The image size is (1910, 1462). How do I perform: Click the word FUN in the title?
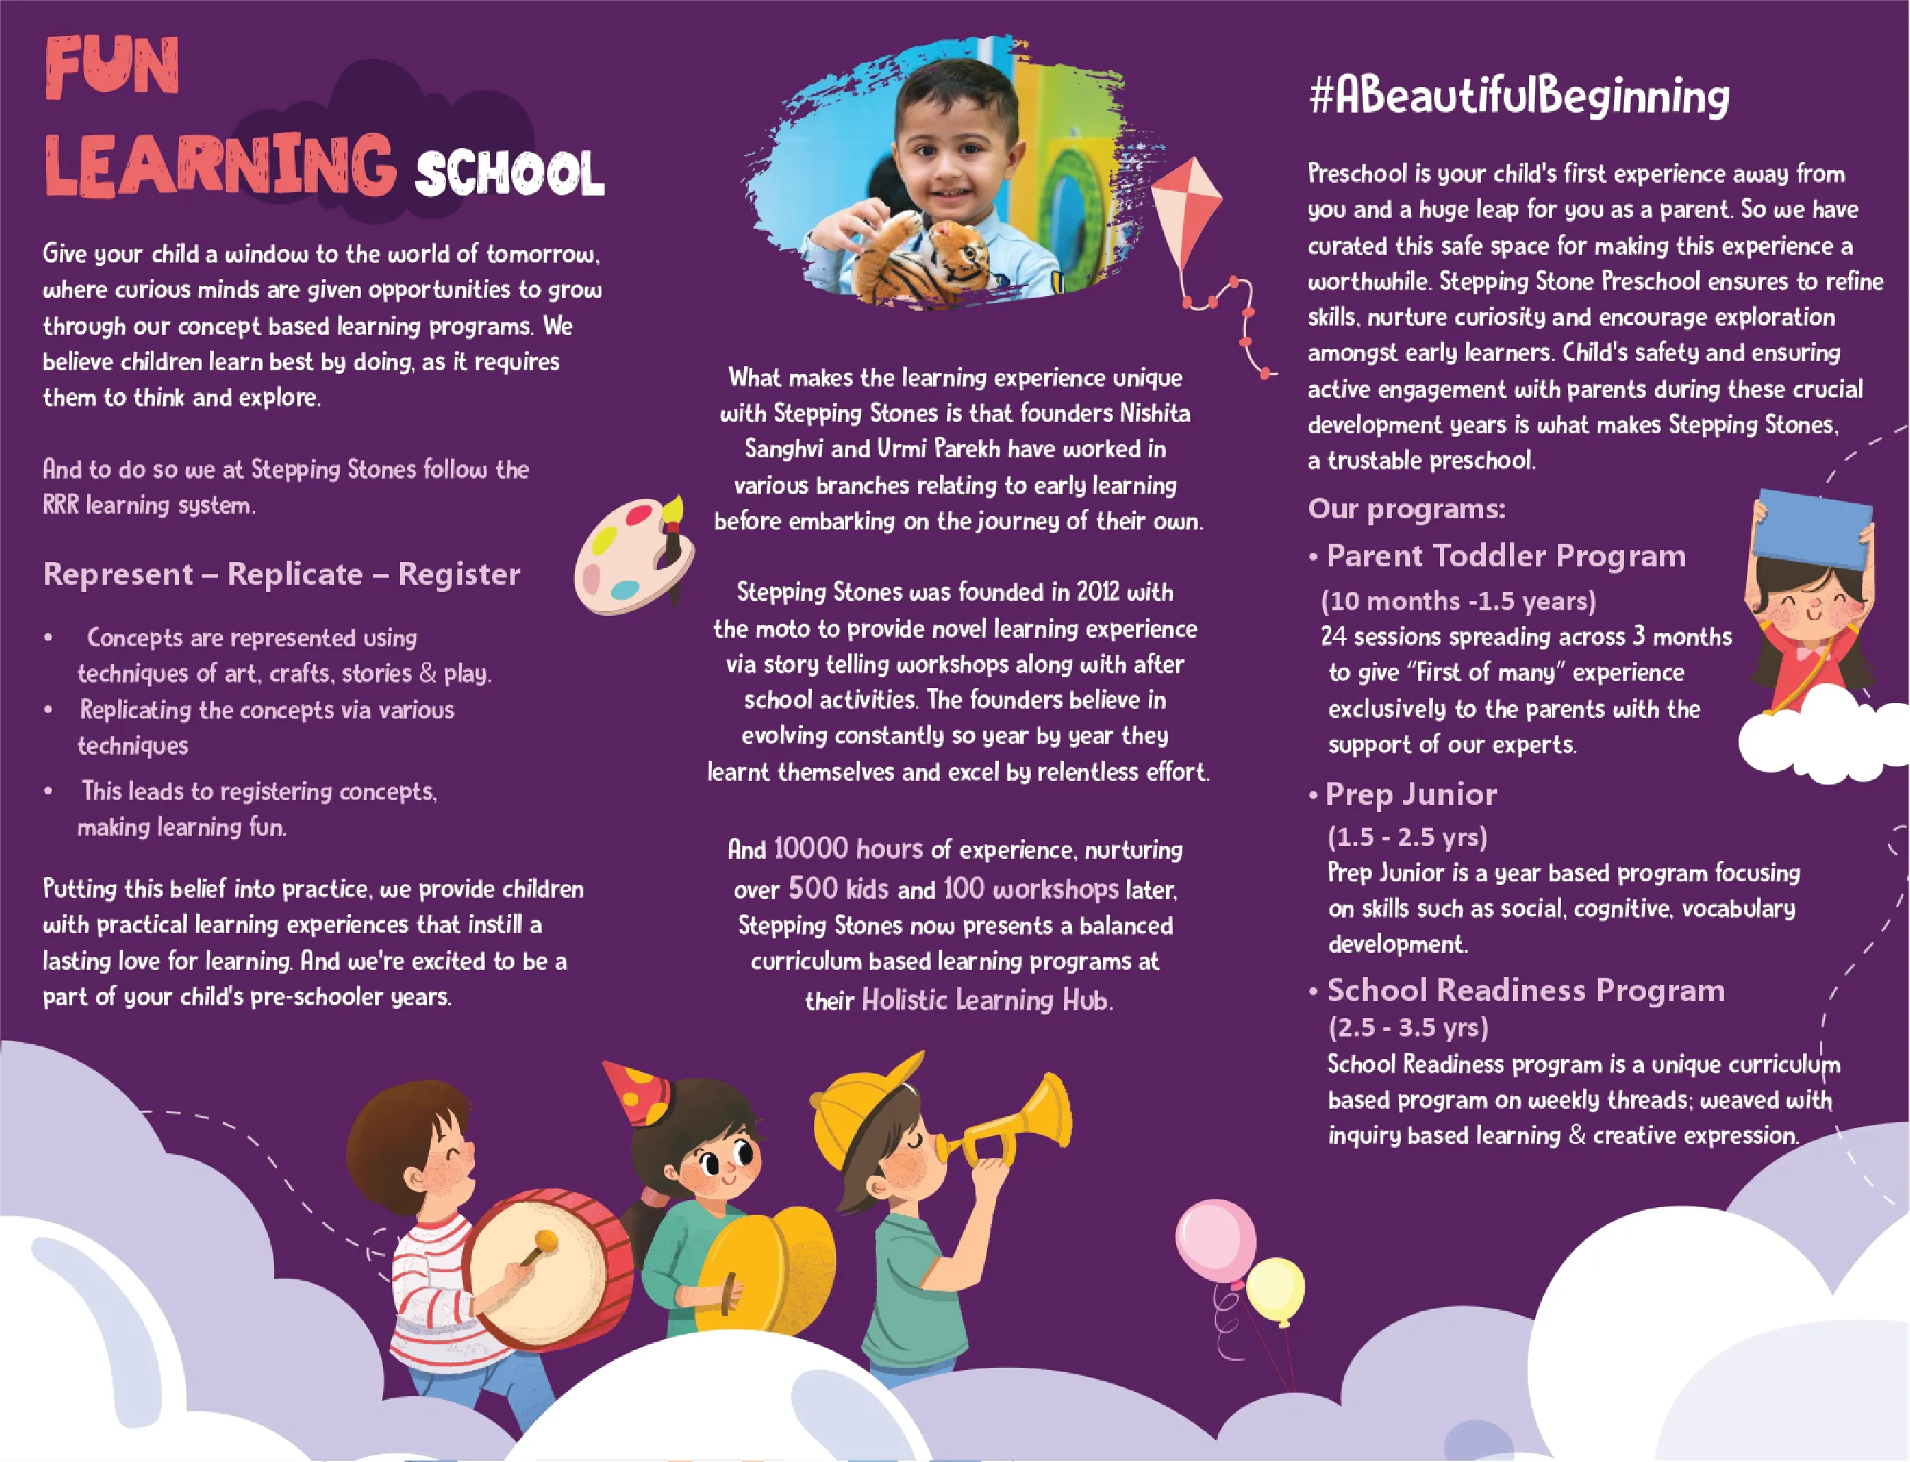111,67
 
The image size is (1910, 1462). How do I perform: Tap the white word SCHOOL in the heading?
509,174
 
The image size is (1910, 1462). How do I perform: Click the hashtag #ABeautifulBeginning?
1519,96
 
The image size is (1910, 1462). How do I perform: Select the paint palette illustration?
633,555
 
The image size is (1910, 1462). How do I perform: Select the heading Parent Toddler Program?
1505,555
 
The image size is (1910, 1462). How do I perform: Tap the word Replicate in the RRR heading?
295,573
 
